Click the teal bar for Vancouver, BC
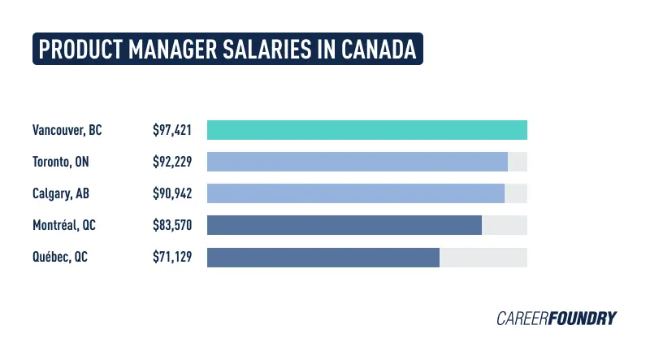[367, 130]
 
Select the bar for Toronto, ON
[357, 162]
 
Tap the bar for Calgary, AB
[356, 193]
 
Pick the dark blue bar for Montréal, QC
[344, 225]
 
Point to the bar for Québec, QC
[323, 257]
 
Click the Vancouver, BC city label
[67, 130]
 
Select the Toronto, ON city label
[61, 162]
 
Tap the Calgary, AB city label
[62, 193]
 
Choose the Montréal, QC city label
[64, 225]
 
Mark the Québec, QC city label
[60, 257]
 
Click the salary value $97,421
[172, 130]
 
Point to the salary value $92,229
[172, 162]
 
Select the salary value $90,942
[172, 193]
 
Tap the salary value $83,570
[172, 225]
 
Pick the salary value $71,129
[172, 257]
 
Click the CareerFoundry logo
[557, 318]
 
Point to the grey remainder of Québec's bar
[483, 257]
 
